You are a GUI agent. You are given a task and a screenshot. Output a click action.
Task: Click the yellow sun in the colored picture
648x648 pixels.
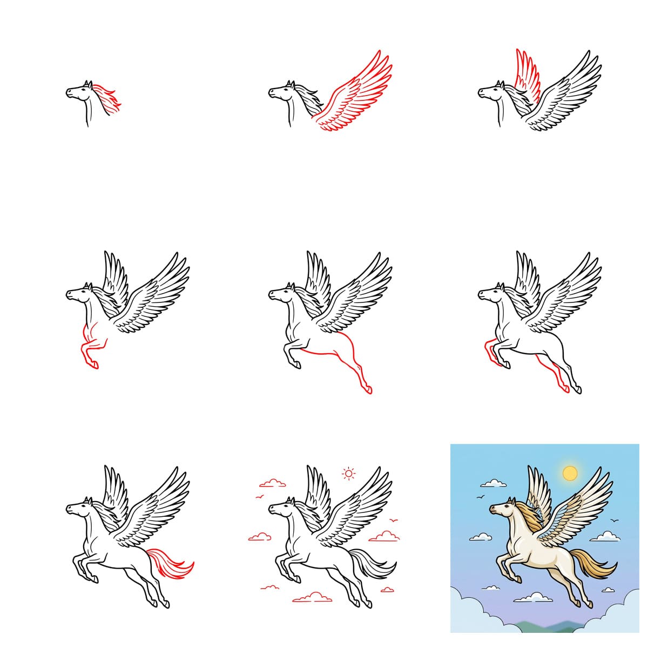570,474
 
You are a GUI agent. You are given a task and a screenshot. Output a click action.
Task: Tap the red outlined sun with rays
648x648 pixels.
349,474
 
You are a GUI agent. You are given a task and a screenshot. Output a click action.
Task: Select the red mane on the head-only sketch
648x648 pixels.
108,98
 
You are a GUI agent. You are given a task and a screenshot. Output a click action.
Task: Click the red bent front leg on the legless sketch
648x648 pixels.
89,348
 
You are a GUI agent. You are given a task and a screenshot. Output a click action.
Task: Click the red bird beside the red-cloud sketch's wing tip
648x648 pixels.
395,521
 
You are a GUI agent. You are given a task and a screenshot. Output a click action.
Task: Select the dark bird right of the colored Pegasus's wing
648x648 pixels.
614,521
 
